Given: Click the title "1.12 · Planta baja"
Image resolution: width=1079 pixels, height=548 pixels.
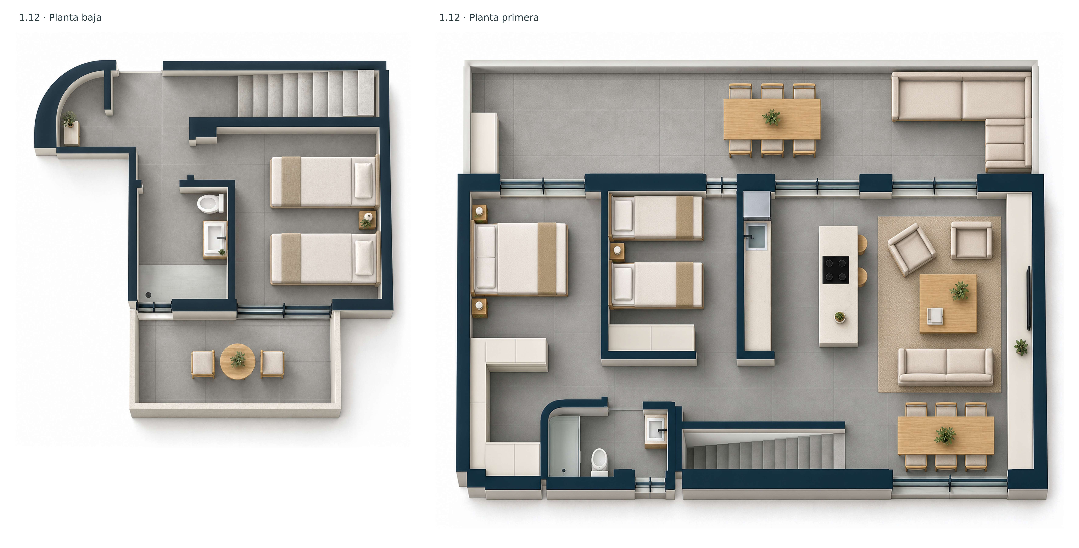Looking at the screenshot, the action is tap(60, 18).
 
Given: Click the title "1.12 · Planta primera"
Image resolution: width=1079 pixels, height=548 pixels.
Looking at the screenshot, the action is tap(489, 18).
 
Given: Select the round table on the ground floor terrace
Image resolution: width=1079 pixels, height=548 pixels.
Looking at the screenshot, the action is tap(238, 361).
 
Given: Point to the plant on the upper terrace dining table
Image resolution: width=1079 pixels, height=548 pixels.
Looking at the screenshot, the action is tap(771, 117).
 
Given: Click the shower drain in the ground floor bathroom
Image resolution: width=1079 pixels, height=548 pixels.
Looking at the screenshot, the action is tap(148, 295).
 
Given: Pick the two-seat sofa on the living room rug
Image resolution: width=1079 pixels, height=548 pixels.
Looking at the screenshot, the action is tap(945, 367).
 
